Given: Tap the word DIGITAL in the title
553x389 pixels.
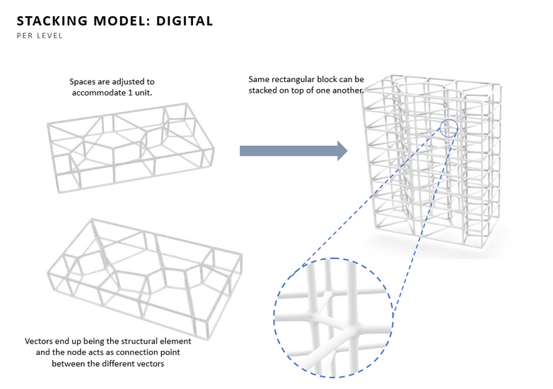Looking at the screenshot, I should (x=180, y=21).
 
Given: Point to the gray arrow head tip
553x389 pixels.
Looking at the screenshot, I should (x=346, y=150).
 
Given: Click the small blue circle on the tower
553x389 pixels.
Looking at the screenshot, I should (x=448, y=128).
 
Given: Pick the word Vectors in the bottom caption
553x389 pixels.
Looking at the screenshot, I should (x=40, y=341).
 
